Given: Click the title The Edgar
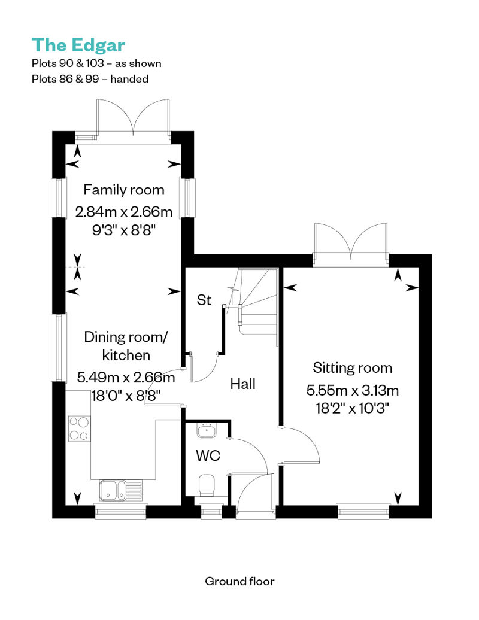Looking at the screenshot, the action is coord(78,45).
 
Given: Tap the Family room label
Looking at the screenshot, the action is coord(124,190).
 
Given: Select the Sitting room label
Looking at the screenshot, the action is coord(353,367).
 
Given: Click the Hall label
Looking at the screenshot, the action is coord(243,384).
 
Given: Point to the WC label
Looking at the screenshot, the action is coord(208,455).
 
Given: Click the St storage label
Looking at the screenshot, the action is coord(204,300).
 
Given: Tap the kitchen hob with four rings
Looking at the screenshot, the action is coord(80,428).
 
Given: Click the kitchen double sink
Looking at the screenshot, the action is coord(120,491).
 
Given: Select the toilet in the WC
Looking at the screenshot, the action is coord(207,485).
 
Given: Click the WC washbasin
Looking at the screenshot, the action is coord(206,430).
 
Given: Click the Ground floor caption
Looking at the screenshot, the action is coord(239,581).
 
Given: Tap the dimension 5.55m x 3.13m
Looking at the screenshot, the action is coord(353,391).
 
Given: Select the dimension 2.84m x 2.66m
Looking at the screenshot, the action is coord(124,212).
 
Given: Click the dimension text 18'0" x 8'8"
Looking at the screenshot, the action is coord(126,396).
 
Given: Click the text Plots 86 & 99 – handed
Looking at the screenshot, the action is coord(90,79).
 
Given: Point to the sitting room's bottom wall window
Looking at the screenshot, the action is coord(364,512).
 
